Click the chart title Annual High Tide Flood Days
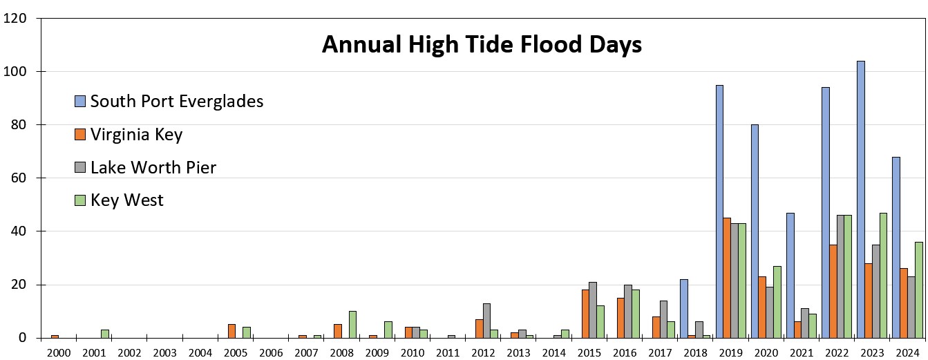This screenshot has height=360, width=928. click(x=482, y=45)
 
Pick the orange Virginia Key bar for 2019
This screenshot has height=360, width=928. click(x=727, y=278)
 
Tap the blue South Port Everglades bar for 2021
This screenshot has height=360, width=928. click(x=790, y=275)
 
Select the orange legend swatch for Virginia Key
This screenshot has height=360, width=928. click(x=79, y=135)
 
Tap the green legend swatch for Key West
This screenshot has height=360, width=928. click(x=79, y=200)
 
